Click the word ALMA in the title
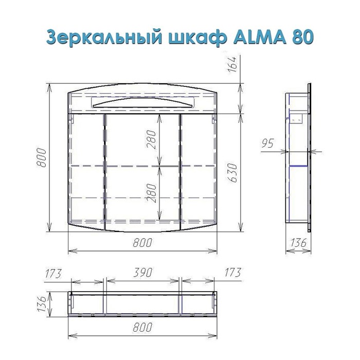click(260, 37)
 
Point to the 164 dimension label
click(232, 64)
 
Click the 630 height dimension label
click(233, 173)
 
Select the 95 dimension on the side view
click(268, 143)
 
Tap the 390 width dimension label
click(142, 273)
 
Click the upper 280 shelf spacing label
click(152, 139)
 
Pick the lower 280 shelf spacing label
click(152, 193)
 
